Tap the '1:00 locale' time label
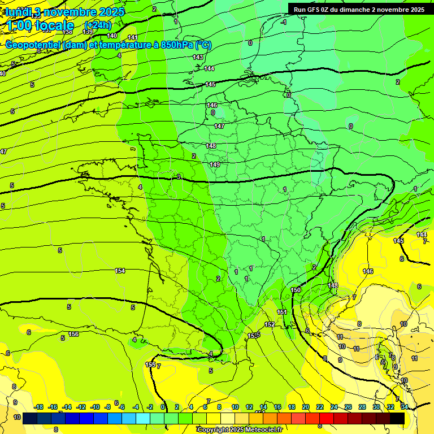click(41, 25)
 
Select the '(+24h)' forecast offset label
click(98, 25)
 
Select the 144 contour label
click(209, 68)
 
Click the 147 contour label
click(219, 126)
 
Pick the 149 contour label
click(215, 164)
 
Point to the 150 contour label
click(296, 290)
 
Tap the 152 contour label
click(270, 324)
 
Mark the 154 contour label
click(120, 271)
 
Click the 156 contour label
click(73, 335)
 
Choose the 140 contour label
click(112, 36)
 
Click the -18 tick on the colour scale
click(39, 407)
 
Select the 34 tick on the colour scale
click(404, 407)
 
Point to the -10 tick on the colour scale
click(95, 407)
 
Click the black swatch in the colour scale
click(397, 418)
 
